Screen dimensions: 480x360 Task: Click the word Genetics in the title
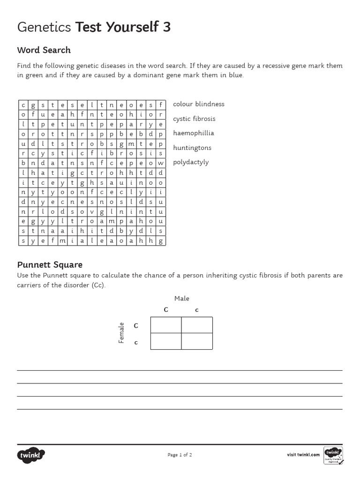(x=44, y=28)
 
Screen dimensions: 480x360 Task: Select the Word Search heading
(x=44, y=50)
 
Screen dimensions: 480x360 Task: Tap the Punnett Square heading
(x=50, y=265)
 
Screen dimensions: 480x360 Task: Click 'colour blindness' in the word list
(x=199, y=104)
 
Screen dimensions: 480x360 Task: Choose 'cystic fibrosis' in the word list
(x=194, y=119)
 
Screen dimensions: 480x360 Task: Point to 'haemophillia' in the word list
(x=194, y=133)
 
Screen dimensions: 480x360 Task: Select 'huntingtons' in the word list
(x=192, y=148)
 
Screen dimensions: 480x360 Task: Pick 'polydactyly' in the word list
(x=191, y=162)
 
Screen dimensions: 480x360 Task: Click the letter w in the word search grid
(x=160, y=163)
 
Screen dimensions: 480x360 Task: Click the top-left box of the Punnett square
(x=166, y=325)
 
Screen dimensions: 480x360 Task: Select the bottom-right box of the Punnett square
(x=197, y=341)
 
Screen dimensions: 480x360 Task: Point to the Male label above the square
(x=182, y=299)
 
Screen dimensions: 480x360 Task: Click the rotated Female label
(x=121, y=333)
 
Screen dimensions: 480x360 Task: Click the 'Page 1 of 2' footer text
(x=180, y=455)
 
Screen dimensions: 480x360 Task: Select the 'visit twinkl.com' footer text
(x=303, y=455)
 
